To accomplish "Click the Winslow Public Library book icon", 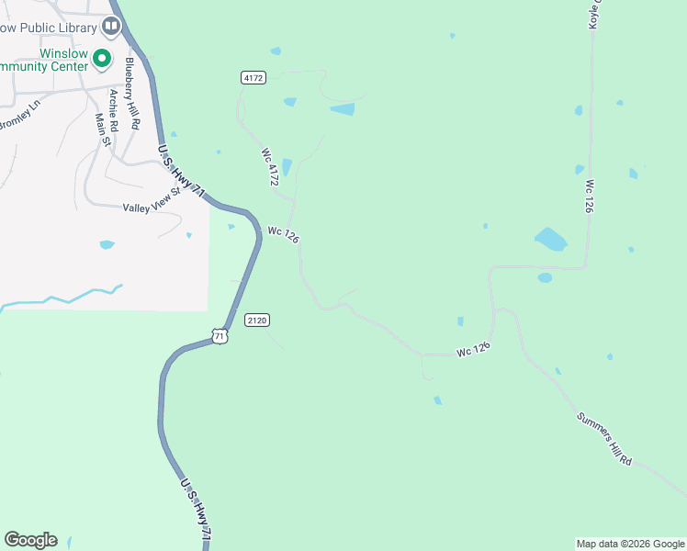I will (111, 27).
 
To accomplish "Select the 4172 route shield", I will (253, 78).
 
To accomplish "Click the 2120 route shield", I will (257, 320).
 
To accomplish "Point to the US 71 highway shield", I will (219, 336).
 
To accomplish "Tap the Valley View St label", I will (153, 201).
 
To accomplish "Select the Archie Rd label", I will (114, 107).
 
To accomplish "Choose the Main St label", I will (102, 129).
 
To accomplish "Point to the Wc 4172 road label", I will (269, 167).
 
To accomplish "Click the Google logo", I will (30, 540).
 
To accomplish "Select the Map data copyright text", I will (629, 544).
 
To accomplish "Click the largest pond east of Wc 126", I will (551, 240).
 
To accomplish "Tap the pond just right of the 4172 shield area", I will (343, 109).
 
